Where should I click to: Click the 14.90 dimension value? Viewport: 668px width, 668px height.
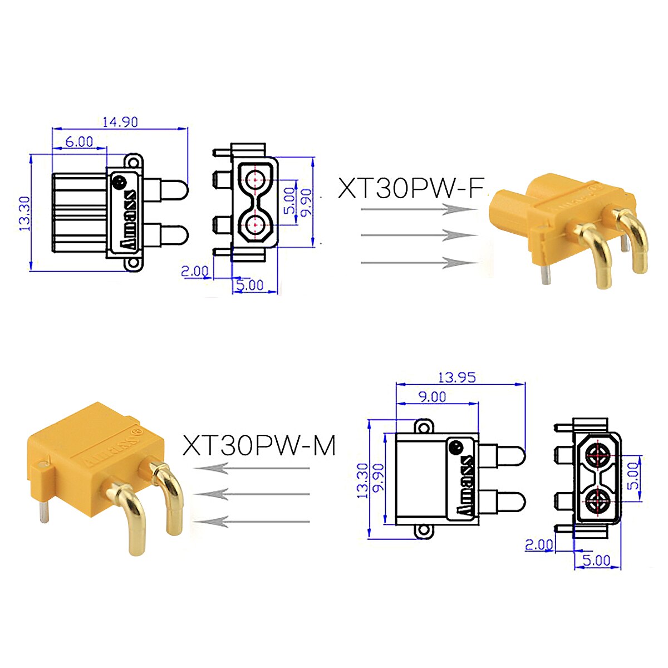[x=120, y=121]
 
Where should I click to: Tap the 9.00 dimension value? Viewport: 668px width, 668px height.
[x=432, y=396]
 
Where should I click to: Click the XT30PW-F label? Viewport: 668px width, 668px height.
[x=410, y=188]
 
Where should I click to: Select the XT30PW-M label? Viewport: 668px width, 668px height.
[x=259, y=445]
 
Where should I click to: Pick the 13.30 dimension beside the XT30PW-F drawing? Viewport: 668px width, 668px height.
[x=24, y=213]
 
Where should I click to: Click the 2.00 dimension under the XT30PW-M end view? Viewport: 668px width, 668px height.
[x=539, y=544]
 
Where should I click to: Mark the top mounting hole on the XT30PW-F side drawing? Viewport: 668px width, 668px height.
[x=132, y=162]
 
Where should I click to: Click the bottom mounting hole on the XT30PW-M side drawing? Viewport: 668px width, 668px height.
[x=425, y=531]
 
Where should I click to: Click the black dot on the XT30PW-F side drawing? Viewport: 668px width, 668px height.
[x=119, y=182]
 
